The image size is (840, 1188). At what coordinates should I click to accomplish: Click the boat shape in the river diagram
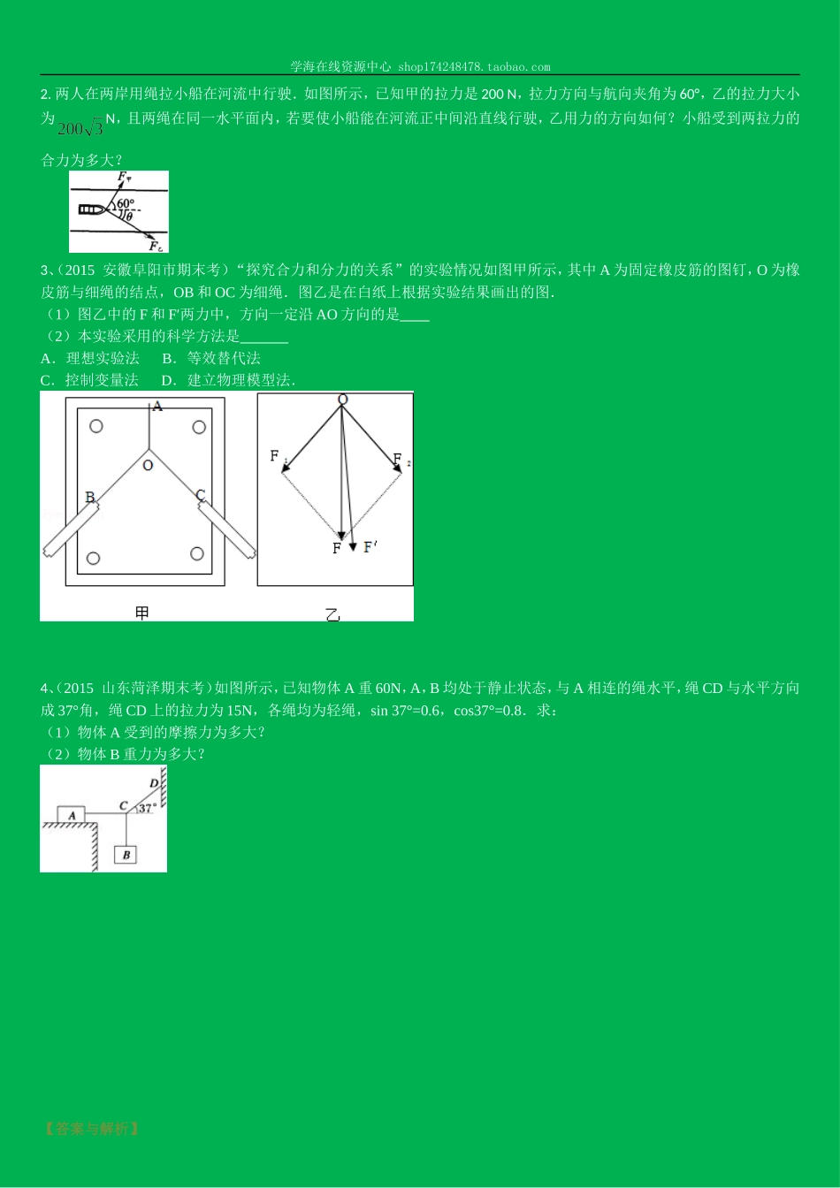click(x=92, y=209)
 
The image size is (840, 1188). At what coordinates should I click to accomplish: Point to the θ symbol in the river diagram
click(x=129, y=216)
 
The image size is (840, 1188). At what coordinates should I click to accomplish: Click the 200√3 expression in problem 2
click(x=80, y=129)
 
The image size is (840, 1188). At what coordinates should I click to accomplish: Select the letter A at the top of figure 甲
click(x=157, y=407)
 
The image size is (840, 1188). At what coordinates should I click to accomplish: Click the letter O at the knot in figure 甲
click(x=148, y=465)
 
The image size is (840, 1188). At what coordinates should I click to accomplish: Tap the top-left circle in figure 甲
click(x=96, y=426)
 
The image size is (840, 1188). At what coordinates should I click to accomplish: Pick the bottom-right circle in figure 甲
click(x=197, y=554)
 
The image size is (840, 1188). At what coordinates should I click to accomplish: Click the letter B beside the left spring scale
click(x=89, y=498)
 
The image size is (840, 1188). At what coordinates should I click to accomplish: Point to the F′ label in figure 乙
click(x=370, y=547)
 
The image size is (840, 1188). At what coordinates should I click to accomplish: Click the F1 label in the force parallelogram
click(x=275, y=456)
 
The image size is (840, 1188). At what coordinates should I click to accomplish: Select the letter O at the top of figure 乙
click(x=342, y=400)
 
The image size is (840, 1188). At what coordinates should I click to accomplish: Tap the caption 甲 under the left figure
click(x=141, y=612)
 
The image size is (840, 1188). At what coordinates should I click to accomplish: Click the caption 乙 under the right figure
click(x=332, y=614)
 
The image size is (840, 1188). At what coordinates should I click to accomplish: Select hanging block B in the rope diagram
click(x=126, y=855)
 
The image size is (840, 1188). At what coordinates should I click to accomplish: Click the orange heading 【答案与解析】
click(x=90, y=1129)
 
